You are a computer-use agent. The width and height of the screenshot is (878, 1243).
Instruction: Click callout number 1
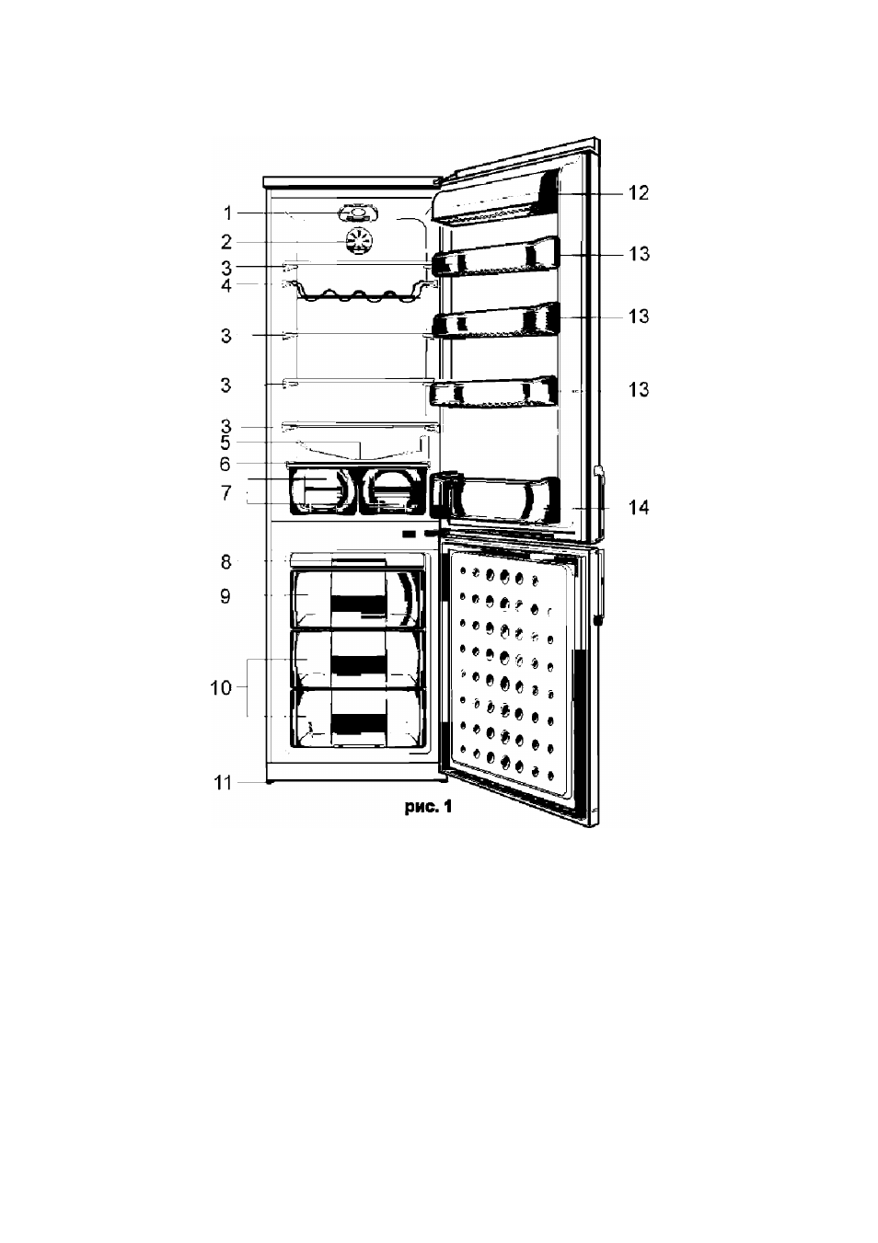coord(227,213)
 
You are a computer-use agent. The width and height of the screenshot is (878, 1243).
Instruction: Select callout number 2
coord(226,243)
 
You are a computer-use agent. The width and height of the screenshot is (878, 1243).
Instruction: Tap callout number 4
coord(226,286)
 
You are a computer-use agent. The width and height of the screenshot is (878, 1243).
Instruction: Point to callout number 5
coord(225,443)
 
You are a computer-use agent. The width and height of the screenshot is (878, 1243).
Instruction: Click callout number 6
coord(225,464)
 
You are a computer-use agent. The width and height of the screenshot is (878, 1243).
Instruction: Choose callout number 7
coord(225,493)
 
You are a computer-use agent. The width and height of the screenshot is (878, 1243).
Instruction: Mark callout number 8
coord(225,562)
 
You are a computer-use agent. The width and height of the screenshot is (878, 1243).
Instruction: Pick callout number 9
coord(225,596)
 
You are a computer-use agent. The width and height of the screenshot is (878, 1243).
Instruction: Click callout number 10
coord(220,688)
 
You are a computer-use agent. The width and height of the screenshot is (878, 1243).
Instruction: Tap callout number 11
coord(223,783)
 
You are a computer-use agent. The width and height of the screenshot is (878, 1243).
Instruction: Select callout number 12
coord(638,193)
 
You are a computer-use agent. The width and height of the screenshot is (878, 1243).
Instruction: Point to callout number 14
coord(638,507)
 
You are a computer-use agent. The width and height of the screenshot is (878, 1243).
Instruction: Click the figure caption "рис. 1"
coord(428,808)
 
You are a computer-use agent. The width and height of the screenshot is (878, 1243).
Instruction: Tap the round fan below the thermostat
coord(359,242)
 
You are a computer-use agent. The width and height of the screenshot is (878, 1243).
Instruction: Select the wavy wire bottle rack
coord(359,295)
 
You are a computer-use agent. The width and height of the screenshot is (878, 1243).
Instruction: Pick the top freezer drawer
coord(358,599)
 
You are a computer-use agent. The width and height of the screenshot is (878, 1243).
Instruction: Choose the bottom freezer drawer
coord(358,718)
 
